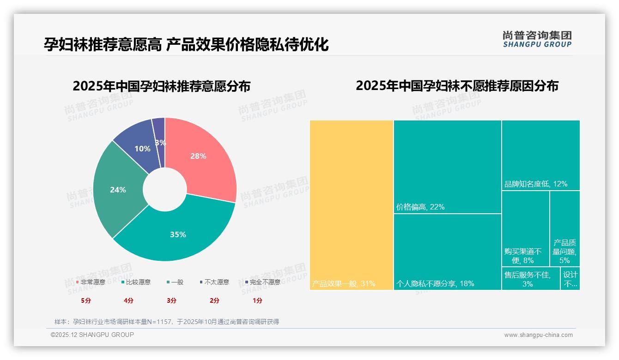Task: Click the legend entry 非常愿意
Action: (91, 282)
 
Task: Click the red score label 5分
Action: (86, 300)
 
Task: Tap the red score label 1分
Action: (257, 300)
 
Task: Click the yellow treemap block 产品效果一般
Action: (351, 205)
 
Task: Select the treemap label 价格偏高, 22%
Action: (420, 207)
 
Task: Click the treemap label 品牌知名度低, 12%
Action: (536, 184)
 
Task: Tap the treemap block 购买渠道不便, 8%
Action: (525, 228)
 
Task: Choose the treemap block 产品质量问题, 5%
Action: (564, 228)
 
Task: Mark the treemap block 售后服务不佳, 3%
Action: (530, 279)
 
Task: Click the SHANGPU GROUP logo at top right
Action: (537, 39)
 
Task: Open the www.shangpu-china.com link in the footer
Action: (538, 335)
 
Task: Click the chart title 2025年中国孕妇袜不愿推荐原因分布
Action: (457, 86)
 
